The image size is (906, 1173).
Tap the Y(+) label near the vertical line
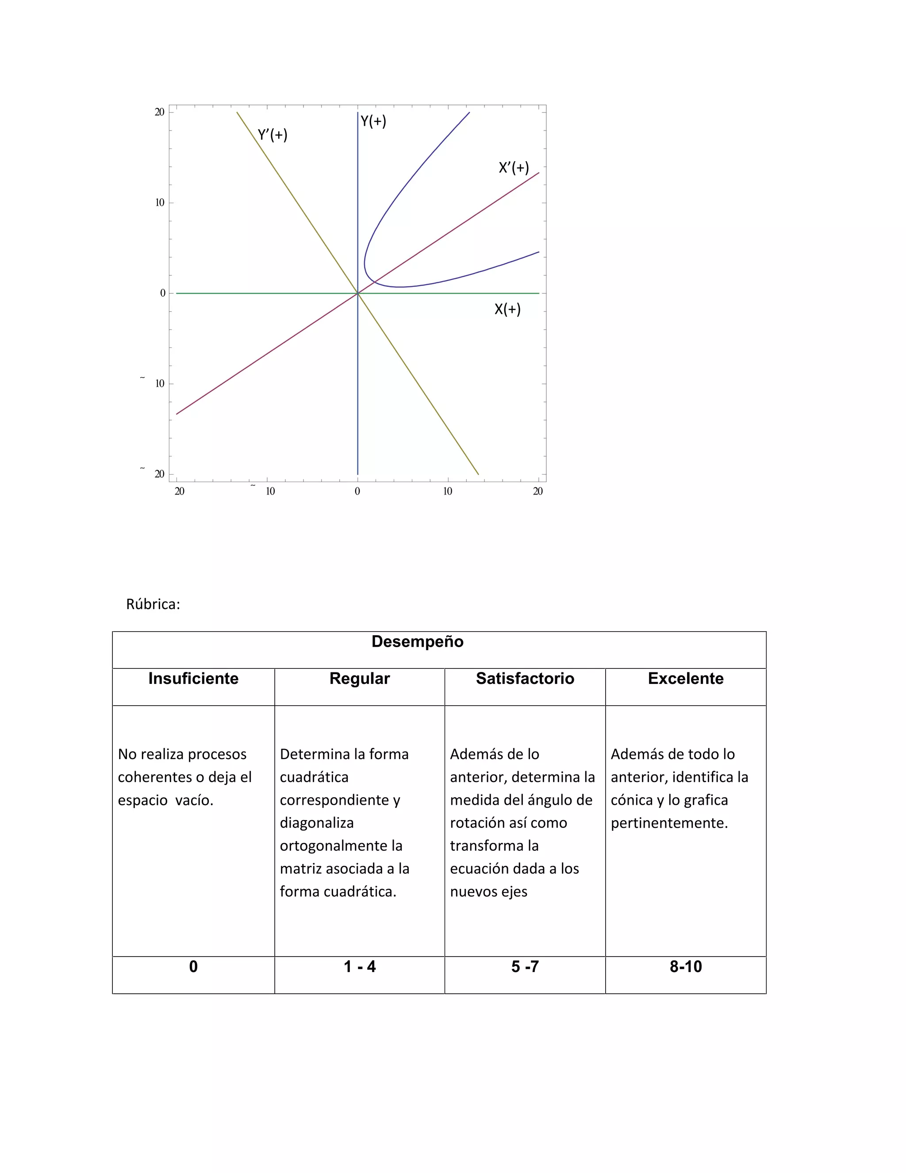coord(373,121)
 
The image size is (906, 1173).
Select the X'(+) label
coord(514,168)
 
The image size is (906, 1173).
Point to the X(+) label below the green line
coord(507,309)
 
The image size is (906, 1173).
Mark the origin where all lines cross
coord(357,293)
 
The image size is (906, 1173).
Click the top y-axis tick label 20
coord(159,112)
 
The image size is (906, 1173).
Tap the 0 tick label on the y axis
coord(163,293)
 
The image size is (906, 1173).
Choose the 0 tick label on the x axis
coord(357,491)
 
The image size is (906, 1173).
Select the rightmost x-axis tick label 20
coord(538,491)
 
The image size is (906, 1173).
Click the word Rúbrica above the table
coord(153,604)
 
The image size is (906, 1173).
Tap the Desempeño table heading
coord(417,641)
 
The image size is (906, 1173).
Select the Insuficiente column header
coord(193,678)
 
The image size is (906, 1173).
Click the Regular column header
coord(359,678)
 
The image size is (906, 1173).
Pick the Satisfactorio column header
coord(524,678)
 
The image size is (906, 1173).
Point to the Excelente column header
coord(685,678)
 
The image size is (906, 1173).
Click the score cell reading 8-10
coord(685,967)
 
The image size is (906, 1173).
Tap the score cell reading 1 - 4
coord(359,967)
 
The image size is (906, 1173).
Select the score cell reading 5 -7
coord(524,967)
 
